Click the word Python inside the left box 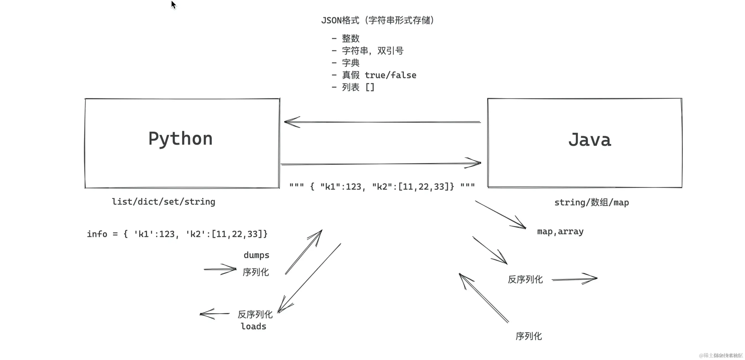click(180, 139)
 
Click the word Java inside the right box click(589, 140)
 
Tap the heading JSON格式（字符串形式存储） click(377, 20)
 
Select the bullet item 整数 click(350, 38)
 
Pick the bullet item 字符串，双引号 click(372, 51)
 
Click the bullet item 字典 click(350, 63)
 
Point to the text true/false click(390, 75)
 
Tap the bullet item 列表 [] click(358, 87)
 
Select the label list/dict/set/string click(163, 202)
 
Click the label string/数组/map click(591, 202)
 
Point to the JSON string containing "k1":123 click(382, 187)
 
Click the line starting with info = click(177, 234)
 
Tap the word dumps click(256, 255)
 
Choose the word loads click(253, 327)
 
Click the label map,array click(560, 231)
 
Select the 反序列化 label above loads click(255, 314)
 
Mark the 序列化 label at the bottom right click(528, 336)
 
